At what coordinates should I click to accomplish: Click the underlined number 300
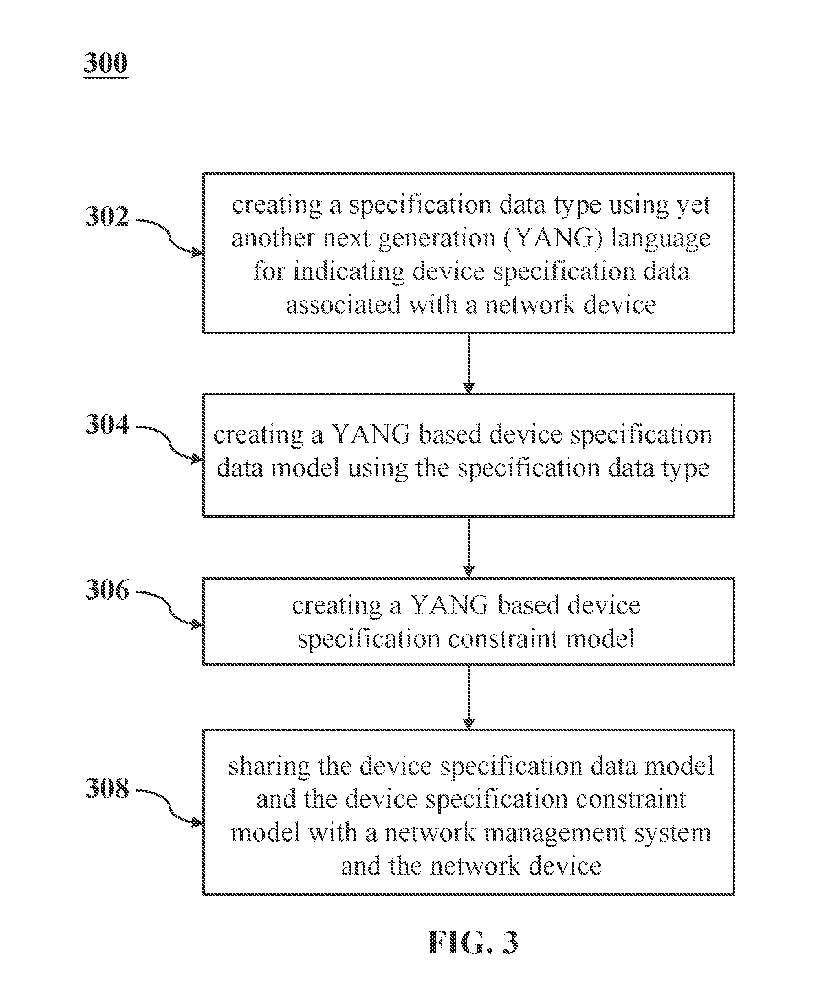(106, 63)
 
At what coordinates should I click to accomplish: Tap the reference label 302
(107, 217)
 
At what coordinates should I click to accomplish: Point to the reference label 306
(107, 590)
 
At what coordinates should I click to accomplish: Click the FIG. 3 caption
(473, 942)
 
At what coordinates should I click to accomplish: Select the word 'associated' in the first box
(343, 305)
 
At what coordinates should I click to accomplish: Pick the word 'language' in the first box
(661, 239)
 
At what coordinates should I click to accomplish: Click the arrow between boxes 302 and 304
(469, 363)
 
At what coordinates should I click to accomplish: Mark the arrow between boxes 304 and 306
(469, 547)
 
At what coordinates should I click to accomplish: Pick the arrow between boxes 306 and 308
(469, 697)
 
